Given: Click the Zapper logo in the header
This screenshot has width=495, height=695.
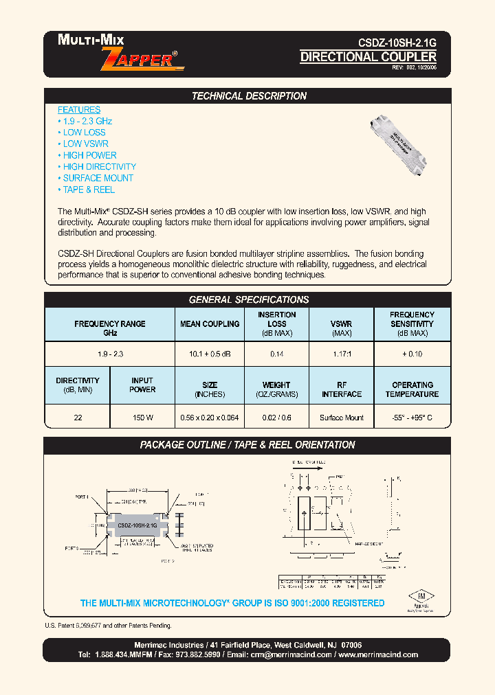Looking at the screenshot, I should (142, 59).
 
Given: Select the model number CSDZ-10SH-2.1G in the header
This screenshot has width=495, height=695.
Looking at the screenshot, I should (397, 42).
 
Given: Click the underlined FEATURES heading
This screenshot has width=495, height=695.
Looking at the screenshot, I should (79, 110).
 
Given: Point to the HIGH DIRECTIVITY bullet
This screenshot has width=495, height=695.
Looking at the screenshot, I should (99, 167).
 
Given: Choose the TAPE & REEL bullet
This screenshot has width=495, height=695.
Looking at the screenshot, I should (89, 190).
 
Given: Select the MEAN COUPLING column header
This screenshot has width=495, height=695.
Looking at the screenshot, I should (210, 324).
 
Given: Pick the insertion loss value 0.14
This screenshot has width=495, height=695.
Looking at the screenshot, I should (276, 354).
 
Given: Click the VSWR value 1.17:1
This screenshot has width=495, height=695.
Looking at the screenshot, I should (341, 354).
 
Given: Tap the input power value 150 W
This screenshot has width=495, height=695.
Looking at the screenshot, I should (142, 418).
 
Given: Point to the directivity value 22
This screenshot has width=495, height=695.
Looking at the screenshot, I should (77, 418).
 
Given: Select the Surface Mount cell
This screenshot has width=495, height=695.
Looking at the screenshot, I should (341, 418).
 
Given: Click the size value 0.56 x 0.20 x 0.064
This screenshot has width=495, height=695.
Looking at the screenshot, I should (210, 418).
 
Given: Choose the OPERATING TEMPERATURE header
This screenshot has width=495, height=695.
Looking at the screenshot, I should (412, 389).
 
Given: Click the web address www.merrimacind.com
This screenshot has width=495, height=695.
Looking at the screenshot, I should (378, 654).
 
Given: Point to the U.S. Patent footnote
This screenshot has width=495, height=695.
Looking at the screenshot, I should (108, 626).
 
